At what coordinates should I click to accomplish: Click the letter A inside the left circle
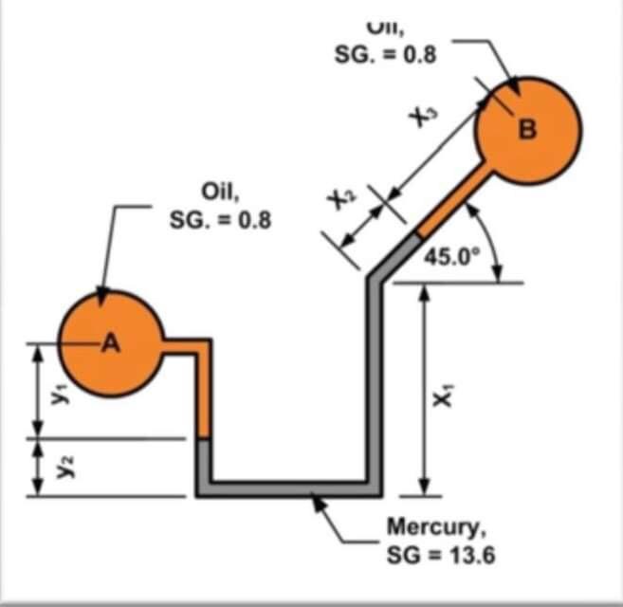point(111,343)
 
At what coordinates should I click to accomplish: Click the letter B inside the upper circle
point(527,131)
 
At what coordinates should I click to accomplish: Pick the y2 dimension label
point(60,467)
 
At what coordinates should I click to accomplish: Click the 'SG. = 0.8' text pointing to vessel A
point(220,220)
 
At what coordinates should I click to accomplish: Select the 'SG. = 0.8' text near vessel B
point(385,54)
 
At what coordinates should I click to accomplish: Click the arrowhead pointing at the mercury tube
point(320,503)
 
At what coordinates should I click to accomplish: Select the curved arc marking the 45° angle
point(493,248)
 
